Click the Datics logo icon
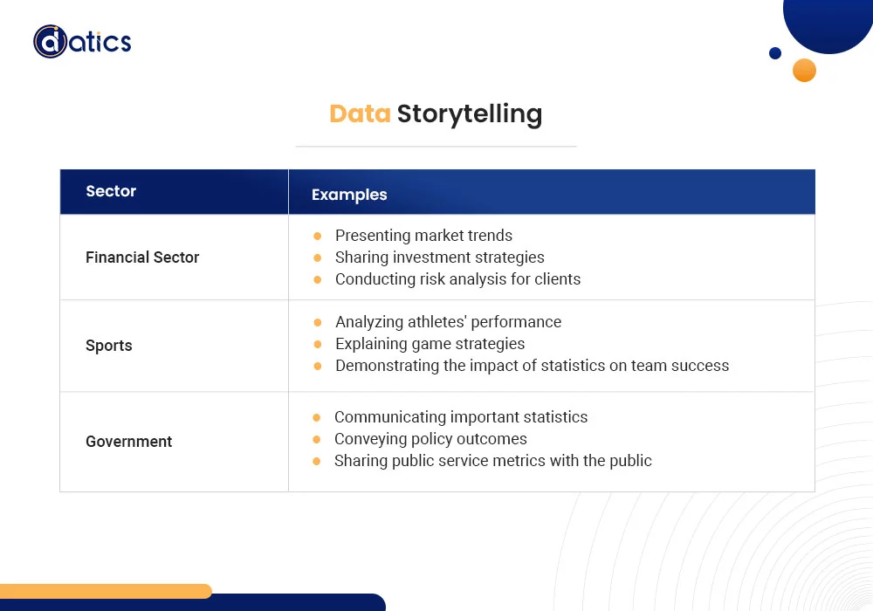[50, 41]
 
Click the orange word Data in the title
[360, 114]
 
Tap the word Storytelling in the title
[469, 114]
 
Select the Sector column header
[111, 191]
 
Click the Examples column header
[349, 195]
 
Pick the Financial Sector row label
[142, 257]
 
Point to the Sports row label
[109, 346]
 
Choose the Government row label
[128, 442]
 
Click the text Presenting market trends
[423, 236]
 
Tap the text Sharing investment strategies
[439, 257]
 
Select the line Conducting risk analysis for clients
[457, 279]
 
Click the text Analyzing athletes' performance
[448, 322]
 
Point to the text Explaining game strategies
[430, 344]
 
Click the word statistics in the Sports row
[561, 366]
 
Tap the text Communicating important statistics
[461, 417]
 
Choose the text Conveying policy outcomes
[430, 439]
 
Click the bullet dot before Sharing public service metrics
[317, 461]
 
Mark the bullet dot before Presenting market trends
[317, 237]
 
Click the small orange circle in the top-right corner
[804, 70]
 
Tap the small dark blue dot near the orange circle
[775, 53]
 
